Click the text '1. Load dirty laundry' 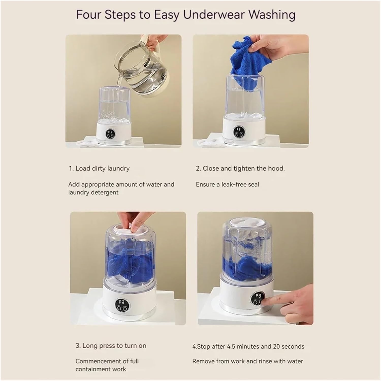(99, 168)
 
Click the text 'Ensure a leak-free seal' (227, 184)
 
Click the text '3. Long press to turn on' (111, 346)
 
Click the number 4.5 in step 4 (232, 346)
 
